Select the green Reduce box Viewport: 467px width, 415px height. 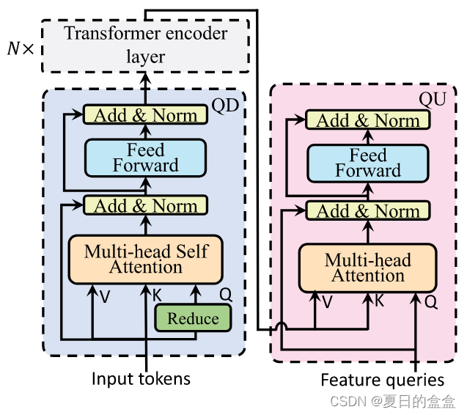(193, 318)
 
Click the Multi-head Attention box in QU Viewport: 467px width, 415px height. (368, 268)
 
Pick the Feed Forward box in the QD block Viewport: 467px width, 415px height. (145, 158)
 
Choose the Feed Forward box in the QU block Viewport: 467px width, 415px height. (368, 163)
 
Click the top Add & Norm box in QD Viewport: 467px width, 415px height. (145, 115)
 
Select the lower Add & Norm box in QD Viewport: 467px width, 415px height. (145, 206)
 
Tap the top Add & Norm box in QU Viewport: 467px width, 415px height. (368, 120)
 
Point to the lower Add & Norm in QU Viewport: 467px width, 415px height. (368, 211)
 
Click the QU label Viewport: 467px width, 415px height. (432, 98)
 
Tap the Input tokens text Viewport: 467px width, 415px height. (141, 378)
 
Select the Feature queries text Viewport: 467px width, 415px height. (383, 380)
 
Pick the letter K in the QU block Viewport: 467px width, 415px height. (379, 301)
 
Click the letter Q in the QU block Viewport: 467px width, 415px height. (431, 301)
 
